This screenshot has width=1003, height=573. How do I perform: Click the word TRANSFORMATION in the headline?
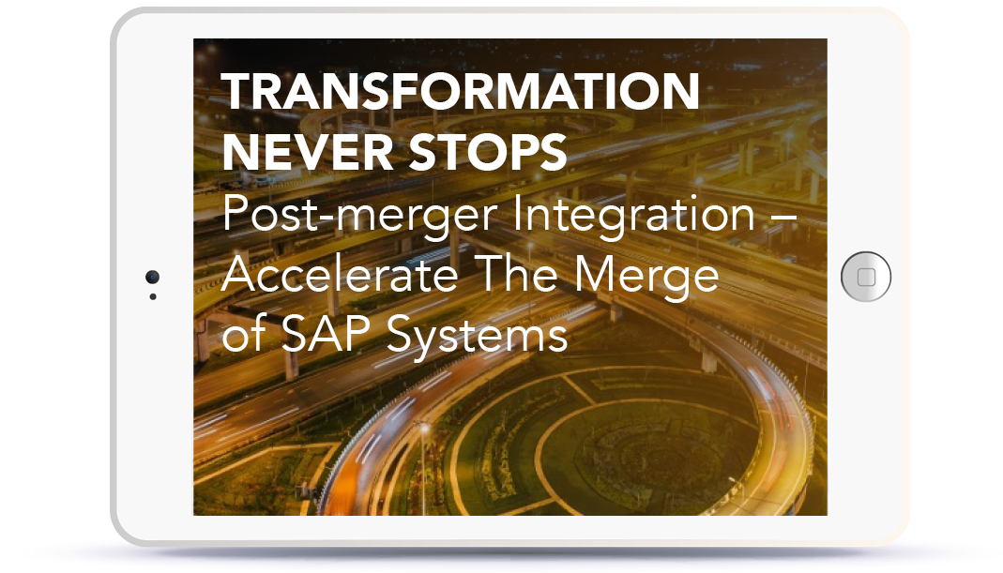[460, 92]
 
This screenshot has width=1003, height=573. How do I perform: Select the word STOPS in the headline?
[488, 152]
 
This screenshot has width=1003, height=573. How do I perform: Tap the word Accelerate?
[340, 274]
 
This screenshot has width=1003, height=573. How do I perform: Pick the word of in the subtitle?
[244, 333]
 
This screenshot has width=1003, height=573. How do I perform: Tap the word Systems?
[477, 335]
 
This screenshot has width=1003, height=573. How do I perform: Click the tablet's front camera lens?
[152, 277]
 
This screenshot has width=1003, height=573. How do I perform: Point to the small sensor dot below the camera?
[153, 296]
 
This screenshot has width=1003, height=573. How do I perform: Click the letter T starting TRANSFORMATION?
[237, 92]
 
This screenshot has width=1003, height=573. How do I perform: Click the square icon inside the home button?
[866, 277]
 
